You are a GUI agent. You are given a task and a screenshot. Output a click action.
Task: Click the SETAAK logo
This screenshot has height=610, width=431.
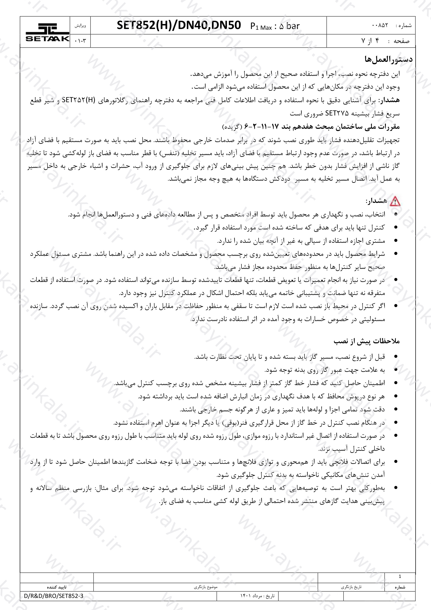click(x=47, y=32)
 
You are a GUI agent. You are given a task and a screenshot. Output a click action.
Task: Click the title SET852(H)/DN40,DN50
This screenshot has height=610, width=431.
click(x=179, y=26)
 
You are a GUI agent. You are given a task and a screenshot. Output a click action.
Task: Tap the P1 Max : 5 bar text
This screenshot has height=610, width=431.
click(x=275, y=26)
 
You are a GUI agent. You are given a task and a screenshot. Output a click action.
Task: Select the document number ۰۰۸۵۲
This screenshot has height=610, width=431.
click(x=380, y=25)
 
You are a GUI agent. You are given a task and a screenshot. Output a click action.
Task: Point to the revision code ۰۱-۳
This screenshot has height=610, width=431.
click(x=80, y=41)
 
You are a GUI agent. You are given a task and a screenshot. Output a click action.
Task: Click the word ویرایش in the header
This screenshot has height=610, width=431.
click(x=80, y=26)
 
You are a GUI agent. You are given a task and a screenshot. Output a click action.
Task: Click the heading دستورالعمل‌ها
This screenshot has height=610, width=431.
click(x=389, y=59)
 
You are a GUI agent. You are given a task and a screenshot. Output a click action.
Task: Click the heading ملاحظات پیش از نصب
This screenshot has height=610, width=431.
click(x=367, y=341)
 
